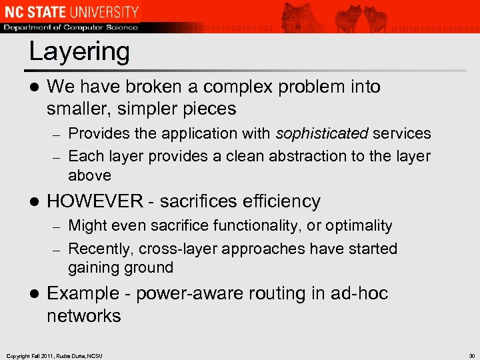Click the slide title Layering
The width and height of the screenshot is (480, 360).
click(79, 51)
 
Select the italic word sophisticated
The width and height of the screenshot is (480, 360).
click(322, 133)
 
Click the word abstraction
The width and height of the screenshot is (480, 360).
click(295, 156)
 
